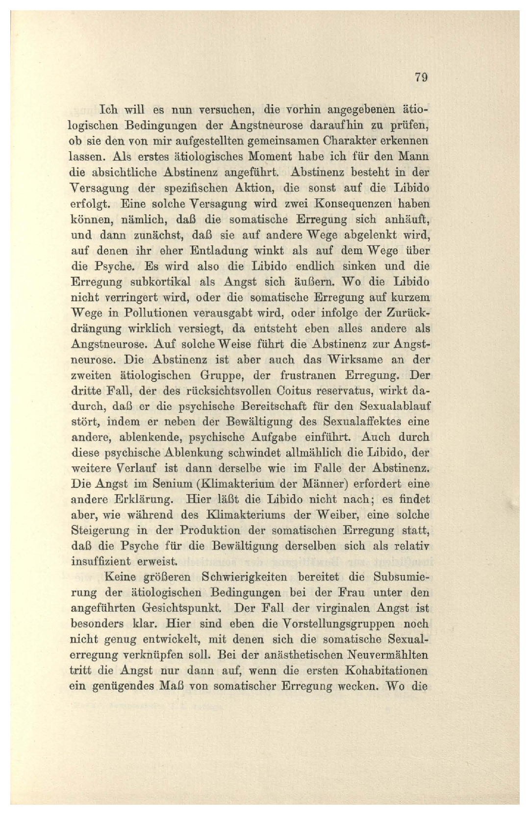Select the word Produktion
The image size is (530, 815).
[210, 531]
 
